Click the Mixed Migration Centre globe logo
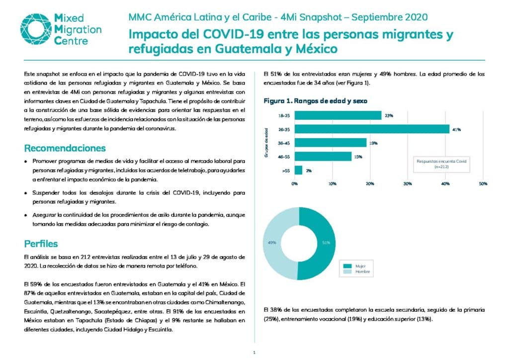click(36, 29)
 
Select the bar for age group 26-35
click(372, 129)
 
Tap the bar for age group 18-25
click(338, 115)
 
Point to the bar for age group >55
click(298, 170)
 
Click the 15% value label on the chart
click(358, 157)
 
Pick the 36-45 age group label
click(284, 143)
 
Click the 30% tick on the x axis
click(408, 184)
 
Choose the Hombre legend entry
click(356, 271)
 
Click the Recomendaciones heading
click(65, 148)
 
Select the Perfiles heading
click(41, 244)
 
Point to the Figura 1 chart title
click(315, 101)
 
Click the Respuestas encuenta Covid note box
click(441, 164)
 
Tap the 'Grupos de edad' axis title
click(266, 143)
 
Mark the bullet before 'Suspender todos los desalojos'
click(26, 193)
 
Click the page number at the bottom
click(254, 353)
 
